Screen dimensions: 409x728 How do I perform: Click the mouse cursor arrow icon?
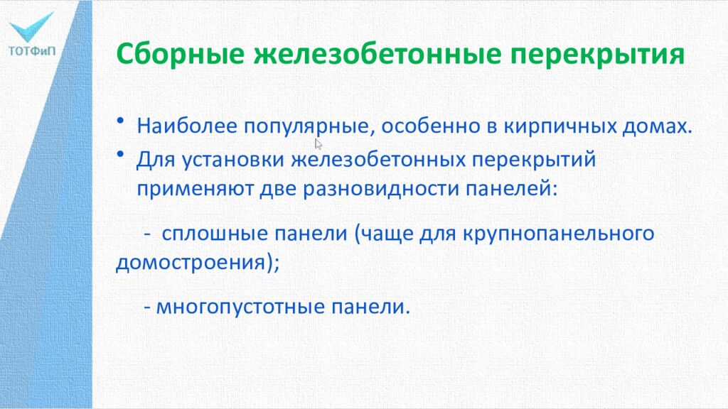pos(318,143)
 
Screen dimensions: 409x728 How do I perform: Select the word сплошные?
pos(206,234)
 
